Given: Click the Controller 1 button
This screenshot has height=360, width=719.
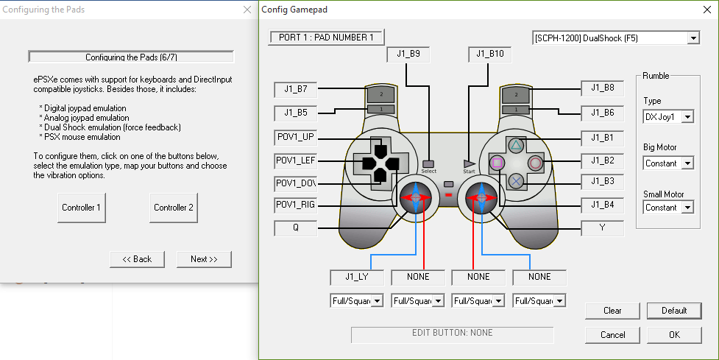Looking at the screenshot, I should pyautogui.click(x=81, y=208).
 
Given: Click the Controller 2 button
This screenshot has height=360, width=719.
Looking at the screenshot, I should pyautogui.click(x=174, y=208).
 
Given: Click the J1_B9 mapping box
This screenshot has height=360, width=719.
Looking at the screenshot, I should pyautogui.click(x=408, y=54).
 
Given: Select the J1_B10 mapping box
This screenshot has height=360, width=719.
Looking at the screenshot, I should pyautogui.click(x=490, y=54).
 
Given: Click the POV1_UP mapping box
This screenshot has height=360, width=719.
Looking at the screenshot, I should pyautogui.click(x=295, y=138).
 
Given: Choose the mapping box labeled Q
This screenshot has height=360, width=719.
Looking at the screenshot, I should pyautogui.click(x=295, y=228).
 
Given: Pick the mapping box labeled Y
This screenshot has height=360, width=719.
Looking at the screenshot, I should pyautogui.click(x=602, y=228).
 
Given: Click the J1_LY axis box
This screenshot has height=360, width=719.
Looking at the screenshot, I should pyautogui.click(x=356, y=278).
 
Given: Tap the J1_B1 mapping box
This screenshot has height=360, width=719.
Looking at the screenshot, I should pyautogui.click(x=602, y=138).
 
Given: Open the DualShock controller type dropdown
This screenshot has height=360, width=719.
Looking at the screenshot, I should pyautogui.click(x=615, y=38).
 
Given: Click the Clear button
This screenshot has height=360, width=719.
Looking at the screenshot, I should pyautogui.click(x=612, y=311).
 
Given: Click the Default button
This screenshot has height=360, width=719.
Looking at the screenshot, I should pyautogui.click(x=674, y=311).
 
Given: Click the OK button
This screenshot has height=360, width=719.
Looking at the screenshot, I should pyautogui.click(x=674, y=335).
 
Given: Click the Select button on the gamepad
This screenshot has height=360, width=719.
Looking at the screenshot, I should pyautogui.click(x=429, y=163).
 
